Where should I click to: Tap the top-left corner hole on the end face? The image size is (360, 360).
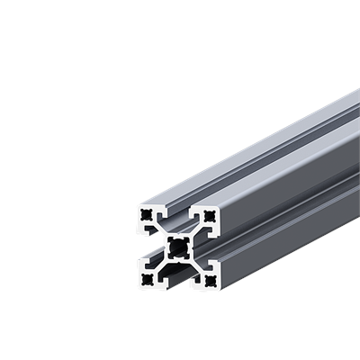click(x=145, y=215)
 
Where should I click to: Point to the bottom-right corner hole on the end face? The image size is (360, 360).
click(x=211, y=280)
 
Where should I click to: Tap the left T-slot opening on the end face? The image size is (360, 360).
click(x=147, y=247)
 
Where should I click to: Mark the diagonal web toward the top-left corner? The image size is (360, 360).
click(x=161, y=231)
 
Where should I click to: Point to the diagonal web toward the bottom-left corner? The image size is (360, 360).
click(x=161, y=264)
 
